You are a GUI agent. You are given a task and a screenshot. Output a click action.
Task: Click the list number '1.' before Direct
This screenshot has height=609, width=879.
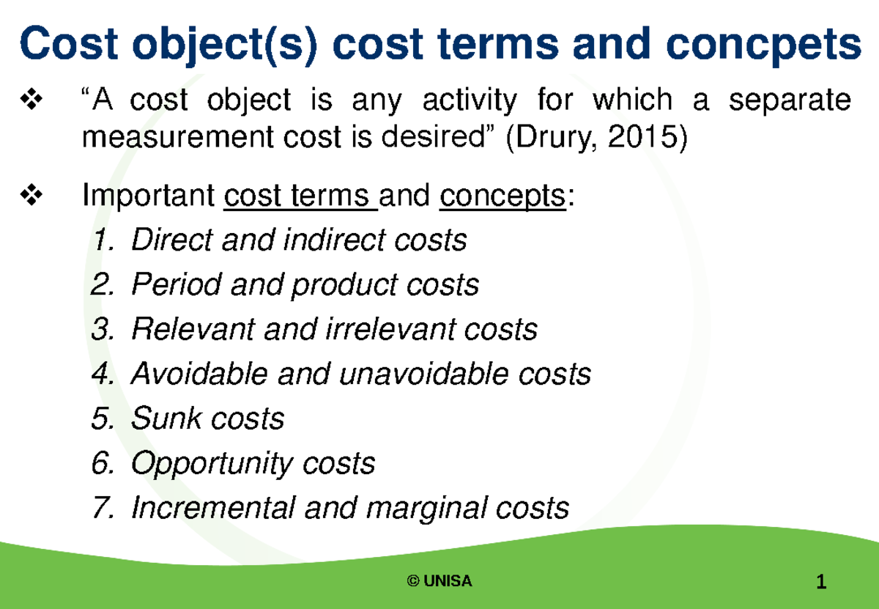[103, 240]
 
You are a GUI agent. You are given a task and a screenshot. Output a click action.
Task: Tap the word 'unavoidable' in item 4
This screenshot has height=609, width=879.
[424, 374]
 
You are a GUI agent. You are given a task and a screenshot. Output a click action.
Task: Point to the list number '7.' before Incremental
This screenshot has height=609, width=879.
[103, 509]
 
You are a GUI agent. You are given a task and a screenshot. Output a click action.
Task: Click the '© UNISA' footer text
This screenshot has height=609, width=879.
[439, 581]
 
